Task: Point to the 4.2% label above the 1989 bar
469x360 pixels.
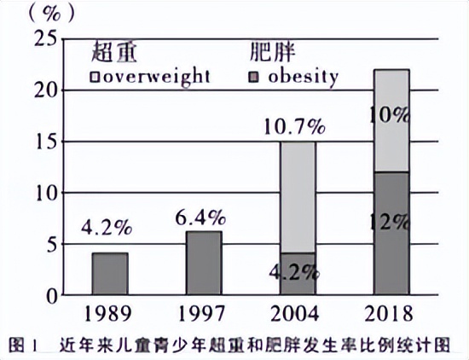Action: pos(107,229)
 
